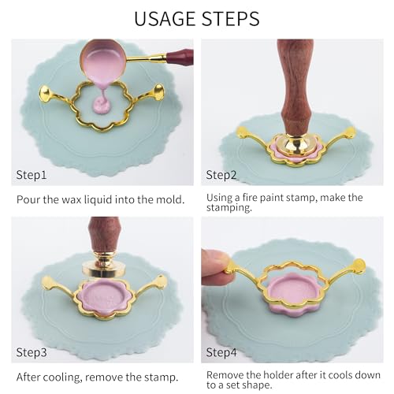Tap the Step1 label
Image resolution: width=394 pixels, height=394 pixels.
32,175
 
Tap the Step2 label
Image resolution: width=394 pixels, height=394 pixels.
221,175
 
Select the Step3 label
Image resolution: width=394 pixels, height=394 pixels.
32,352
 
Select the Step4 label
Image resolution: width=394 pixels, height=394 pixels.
221,352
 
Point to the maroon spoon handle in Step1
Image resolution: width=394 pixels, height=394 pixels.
180,57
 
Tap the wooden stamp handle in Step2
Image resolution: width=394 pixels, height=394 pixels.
296,84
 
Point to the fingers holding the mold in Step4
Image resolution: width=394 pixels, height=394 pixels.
214,267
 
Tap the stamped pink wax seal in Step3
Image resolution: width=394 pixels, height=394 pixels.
104,297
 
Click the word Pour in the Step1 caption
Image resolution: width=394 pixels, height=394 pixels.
28,199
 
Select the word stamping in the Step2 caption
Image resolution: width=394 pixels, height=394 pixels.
229,208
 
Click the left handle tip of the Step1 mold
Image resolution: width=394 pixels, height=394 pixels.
45,94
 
